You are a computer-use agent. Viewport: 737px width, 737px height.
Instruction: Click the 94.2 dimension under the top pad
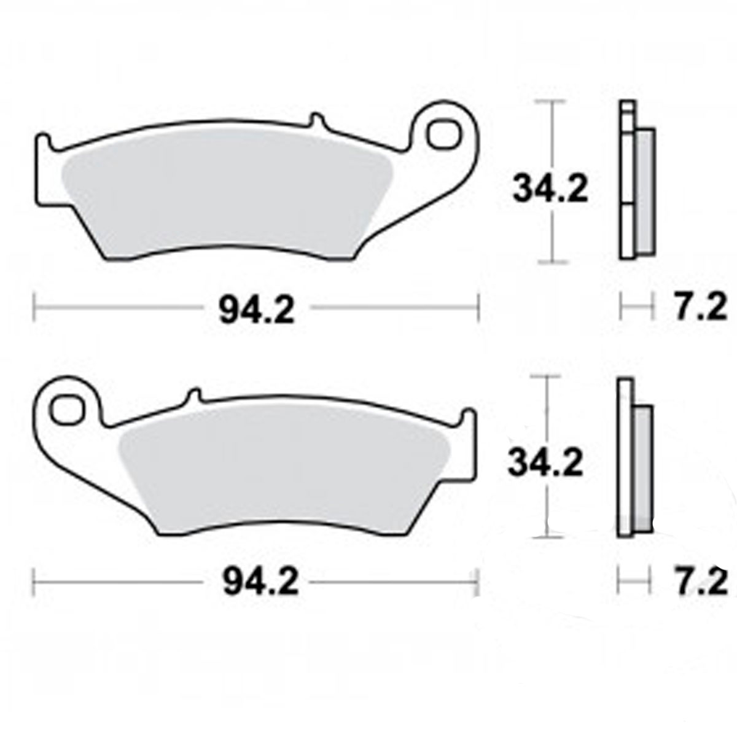point(257,311)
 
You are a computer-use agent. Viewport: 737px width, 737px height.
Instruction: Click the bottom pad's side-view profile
point(634,461)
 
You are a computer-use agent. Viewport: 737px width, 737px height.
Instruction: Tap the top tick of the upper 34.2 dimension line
point(554,103)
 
